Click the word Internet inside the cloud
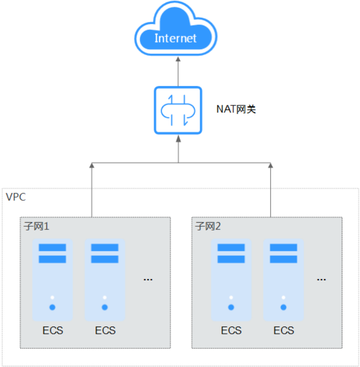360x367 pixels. [176, 38]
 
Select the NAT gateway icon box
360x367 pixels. [178, 110]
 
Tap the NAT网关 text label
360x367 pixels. [236, 110]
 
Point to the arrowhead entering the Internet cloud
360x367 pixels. [178, 61]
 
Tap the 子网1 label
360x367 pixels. [36, 227]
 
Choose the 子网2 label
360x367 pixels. [208, 227]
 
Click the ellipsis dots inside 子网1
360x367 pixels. [148, 279]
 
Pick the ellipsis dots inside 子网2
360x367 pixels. [322, 279]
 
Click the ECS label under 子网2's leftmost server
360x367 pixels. [231, 330]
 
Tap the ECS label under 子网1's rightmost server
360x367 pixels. [105, 330]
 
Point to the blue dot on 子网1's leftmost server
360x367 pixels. [52, 307]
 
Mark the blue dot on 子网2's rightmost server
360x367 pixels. [283, 307]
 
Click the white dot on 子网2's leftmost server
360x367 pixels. [231, 298]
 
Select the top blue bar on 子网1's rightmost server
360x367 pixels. [105, 248]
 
